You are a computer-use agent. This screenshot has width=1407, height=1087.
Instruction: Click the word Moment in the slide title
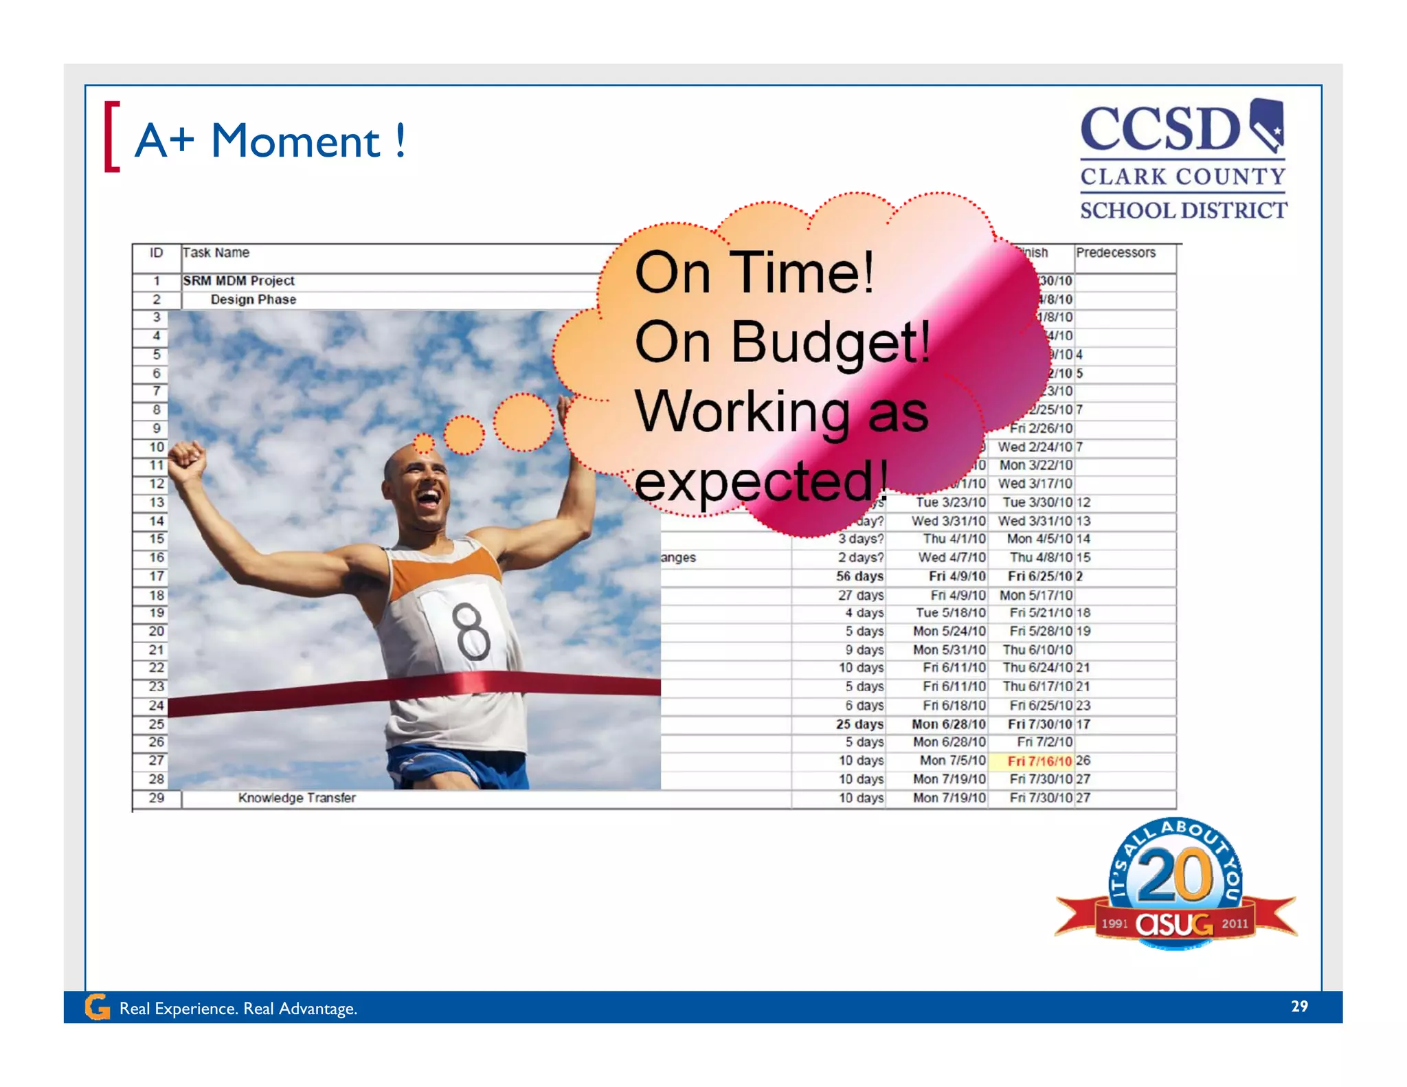tap(295, 142)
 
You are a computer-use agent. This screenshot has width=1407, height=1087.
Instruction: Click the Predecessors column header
tap(1116, 253)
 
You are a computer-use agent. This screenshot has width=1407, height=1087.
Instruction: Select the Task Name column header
tap(216, 253)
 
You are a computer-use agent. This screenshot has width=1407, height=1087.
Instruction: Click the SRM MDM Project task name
tap(238, 281)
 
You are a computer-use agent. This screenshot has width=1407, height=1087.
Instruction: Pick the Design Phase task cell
tap(253, 300)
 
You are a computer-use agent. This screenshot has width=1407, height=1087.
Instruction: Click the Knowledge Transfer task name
tap(297, 798)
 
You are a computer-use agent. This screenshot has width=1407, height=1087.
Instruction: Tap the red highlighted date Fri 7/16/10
tap(1039, 761)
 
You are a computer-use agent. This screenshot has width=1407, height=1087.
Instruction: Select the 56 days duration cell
tap(859, 576)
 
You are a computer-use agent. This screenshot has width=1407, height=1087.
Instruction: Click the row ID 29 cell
tap(157, 798)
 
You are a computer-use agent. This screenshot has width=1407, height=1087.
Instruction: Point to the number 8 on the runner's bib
tap(473, 631)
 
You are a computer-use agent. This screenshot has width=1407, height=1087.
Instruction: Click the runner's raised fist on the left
tap(187, 459)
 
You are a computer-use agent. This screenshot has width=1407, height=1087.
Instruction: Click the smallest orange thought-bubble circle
tap(424, 443)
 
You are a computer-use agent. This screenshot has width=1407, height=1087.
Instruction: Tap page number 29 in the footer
tap(1299, 1007)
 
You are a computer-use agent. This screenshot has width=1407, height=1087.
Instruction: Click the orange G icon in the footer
tap(97, 1007)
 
